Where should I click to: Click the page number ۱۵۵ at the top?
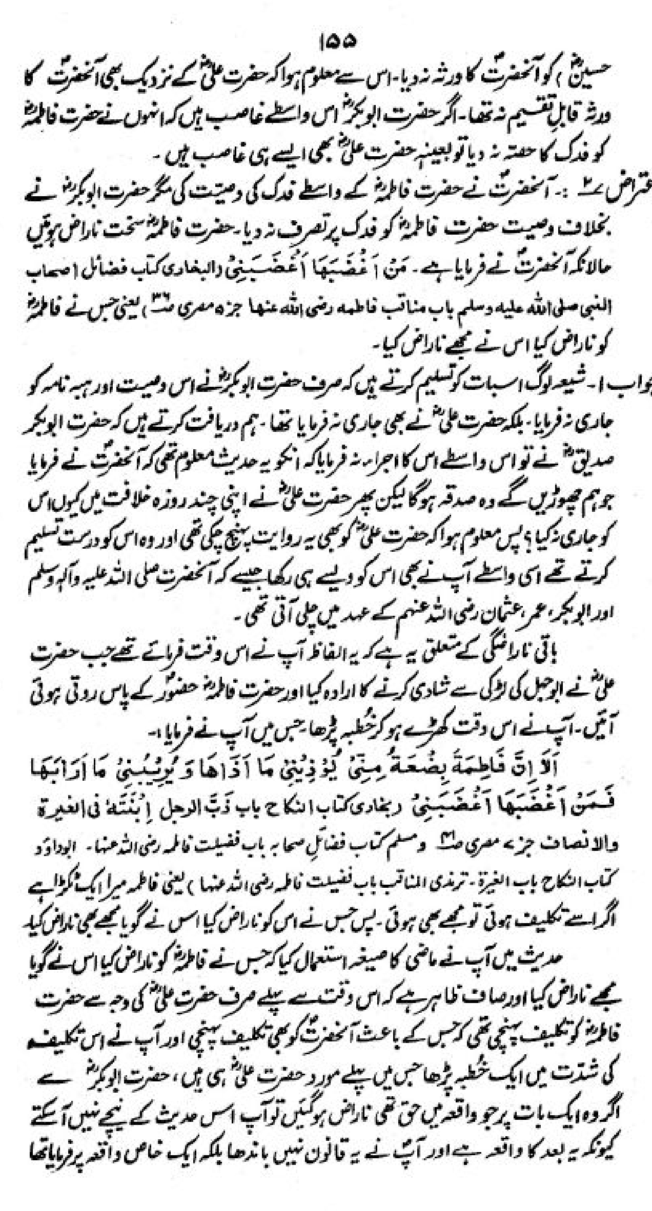pos(336,41)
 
